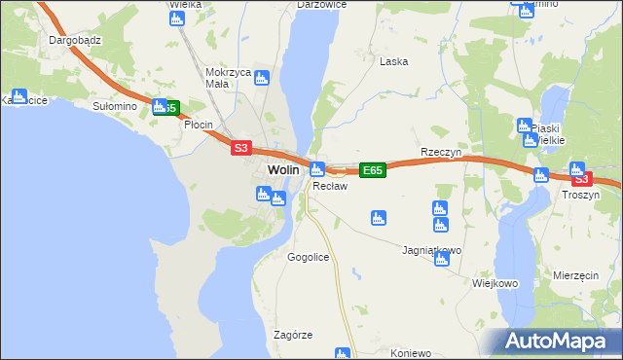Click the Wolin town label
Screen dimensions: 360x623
click(x=282, y=169)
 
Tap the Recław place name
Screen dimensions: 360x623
click(x=325, y=186)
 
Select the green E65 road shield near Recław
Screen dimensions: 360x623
click(x=372, y=170)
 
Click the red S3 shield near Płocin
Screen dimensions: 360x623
click(x=241, y=148)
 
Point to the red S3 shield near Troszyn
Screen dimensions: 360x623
click(x=581, y=179)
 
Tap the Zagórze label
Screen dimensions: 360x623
click(x=293, y=335)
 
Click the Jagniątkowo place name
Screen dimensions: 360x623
click(x=431, y=250)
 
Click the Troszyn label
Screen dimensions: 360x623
click(x=581, y=195)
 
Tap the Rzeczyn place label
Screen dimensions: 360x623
click(x=440, y=153)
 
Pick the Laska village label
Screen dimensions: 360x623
click(x=393, y=61)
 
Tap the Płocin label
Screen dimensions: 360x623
click(x=199, y=126)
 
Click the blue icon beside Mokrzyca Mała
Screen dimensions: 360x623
click(x=261, y=79)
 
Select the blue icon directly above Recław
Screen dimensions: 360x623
click(x=317, y=169)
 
